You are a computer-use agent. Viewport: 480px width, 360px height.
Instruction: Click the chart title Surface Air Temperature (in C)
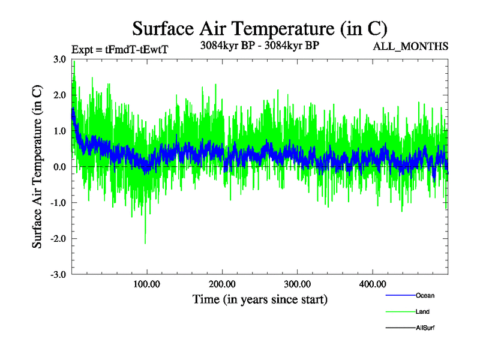[x=260, y=28]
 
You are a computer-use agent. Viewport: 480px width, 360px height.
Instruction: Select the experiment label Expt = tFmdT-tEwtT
[x=120, y=50]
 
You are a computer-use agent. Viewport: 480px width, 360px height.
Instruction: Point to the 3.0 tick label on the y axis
[x=59, y=59]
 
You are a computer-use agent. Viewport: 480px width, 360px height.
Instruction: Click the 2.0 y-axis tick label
[x=59, y=95]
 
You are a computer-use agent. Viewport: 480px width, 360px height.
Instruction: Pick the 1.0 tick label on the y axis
[x=59, y=131]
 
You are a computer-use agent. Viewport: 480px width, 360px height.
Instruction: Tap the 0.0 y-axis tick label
[x=59, y=167]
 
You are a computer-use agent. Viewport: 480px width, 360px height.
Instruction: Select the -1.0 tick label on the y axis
[x=58, y=203]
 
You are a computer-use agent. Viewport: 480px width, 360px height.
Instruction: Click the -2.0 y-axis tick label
[x=58, y=239]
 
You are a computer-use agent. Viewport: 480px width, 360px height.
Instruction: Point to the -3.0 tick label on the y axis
[x=58, y=275]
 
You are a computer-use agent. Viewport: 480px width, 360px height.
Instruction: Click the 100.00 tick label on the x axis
[x=147, y=284]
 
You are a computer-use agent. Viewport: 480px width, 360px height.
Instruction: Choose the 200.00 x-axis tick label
[x=222, y=284]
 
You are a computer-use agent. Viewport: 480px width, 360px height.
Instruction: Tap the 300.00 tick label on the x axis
[x=297, y=284]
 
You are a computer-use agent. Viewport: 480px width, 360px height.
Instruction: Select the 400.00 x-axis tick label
[x=372, y=284]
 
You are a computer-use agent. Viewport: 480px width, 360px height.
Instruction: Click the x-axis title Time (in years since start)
[x=260, y=299]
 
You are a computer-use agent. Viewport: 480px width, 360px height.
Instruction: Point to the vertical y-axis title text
[x=38, y=167]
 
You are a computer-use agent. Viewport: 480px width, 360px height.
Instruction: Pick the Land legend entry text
[x=422, y=311]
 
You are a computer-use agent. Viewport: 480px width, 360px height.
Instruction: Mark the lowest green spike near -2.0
[x=145, y=242]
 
